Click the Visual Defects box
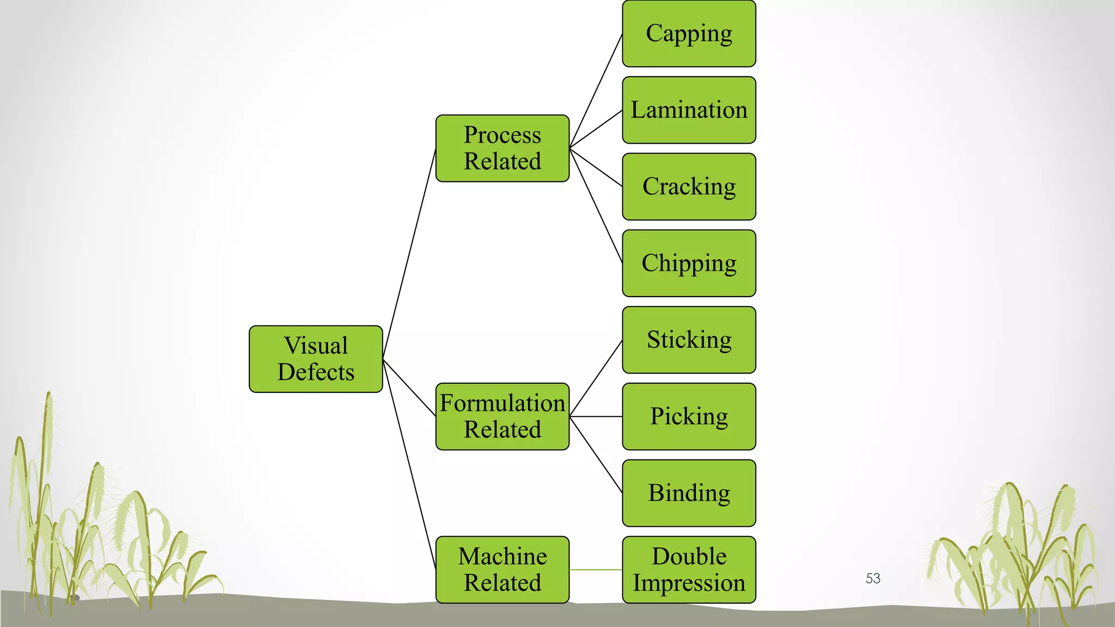(316, 359)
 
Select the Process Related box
(502, 148)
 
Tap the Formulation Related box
(502, 416)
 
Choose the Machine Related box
(502, 570)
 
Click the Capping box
(689, 34)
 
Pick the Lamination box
(689, 110)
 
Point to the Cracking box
(689, 187)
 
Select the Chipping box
(689, 263)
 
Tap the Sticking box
(689, 340)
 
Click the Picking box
(689, 416)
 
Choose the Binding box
(689, 493)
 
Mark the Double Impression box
(689, 570)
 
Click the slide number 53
(873, 579)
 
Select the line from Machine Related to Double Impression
(596, 570)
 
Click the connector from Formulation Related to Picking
(596, 416)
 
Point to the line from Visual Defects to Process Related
(409, 254)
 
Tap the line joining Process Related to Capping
(596, 91)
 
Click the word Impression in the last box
(689, 583)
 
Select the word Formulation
(502, 403)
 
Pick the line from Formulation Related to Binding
(596, 455)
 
